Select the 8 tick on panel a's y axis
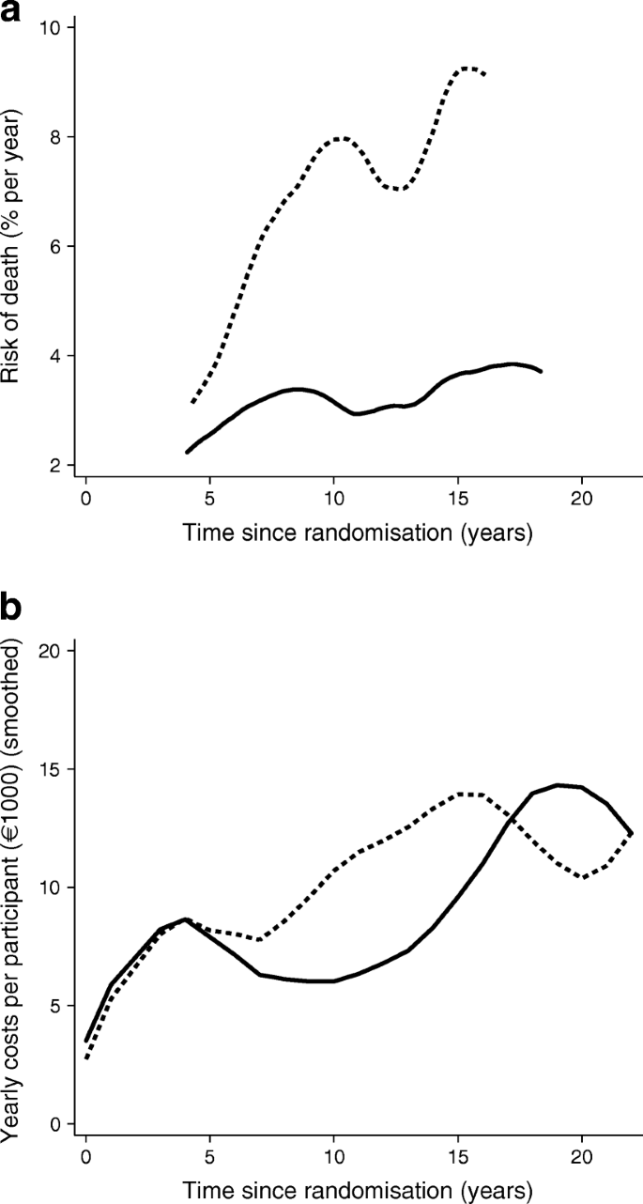point(56,137)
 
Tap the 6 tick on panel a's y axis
point(56,246)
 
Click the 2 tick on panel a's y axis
point(56,465)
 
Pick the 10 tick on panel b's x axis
point(333,1153)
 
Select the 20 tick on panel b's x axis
point(581,1153)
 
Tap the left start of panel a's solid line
point(187,452)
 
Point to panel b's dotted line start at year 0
point(86,1058)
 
